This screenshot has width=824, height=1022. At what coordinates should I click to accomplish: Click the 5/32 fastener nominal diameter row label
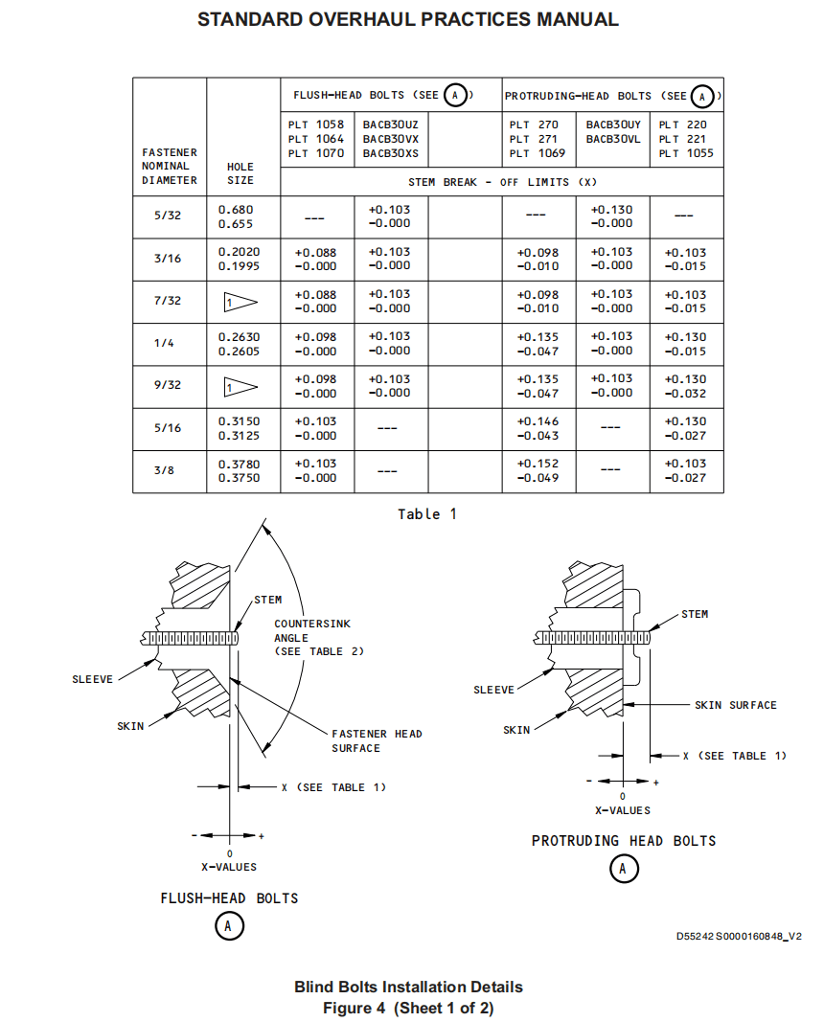point(168,216)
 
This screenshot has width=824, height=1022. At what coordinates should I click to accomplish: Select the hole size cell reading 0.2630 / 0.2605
point(239,344)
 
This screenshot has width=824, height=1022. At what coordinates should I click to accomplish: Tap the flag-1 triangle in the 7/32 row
point(240,303)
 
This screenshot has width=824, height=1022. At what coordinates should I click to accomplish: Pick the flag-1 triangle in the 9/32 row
point(240,387)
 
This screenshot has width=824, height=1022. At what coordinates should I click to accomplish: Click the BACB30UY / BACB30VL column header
point(613,131)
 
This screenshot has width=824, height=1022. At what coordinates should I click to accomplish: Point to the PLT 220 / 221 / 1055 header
point(686,139)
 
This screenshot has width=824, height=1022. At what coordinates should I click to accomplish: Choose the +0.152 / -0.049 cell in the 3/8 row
point(538,470)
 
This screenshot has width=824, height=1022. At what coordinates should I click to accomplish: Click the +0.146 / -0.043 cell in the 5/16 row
point(538,428)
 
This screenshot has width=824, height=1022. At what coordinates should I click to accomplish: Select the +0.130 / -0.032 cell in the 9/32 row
point(685,386)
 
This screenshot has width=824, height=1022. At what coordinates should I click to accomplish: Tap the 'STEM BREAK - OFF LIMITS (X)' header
point(502,183)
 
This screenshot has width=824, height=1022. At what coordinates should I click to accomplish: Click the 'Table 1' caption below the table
point(427,514)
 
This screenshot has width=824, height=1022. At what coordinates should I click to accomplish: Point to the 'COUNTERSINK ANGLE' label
point(312,630)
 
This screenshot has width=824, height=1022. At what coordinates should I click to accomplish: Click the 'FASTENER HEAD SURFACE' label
point(377,741)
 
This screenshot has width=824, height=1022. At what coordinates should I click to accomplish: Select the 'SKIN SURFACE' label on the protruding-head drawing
point(735,705)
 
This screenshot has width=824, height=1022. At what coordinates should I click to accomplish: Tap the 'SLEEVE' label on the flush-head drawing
point(93,679)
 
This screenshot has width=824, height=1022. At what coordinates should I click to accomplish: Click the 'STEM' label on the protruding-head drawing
point(695,614)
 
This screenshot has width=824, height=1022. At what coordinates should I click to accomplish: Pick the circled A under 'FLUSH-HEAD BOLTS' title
point(229,925)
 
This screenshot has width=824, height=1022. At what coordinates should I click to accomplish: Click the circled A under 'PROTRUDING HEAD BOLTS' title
point(624,869)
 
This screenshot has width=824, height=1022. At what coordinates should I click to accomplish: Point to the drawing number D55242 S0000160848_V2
point(739,937)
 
